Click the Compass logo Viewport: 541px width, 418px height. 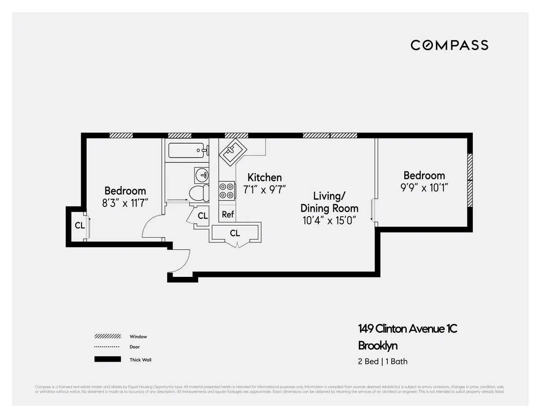click(449, 45)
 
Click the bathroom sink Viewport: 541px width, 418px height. click(202, 174)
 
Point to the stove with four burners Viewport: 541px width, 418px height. click(227, 190)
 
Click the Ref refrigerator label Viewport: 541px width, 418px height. click(228, 215)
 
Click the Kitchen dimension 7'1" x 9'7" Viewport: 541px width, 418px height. click(265, 189)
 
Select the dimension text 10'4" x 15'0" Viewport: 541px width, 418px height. click(329, 220)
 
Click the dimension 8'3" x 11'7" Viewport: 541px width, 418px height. click(125, 203)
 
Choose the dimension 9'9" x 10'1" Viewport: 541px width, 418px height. click(424, 188)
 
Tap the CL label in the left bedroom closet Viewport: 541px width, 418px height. click(79, 226)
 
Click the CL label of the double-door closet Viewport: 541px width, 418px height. click(234, 233)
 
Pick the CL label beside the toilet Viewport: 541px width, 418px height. click(203, 216)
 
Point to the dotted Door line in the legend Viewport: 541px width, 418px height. click(107, 347)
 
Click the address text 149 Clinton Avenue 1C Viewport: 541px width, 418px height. click(408, 329)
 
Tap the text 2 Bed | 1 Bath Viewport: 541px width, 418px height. click(383, 361)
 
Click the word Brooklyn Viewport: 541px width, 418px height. click(378, 346)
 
